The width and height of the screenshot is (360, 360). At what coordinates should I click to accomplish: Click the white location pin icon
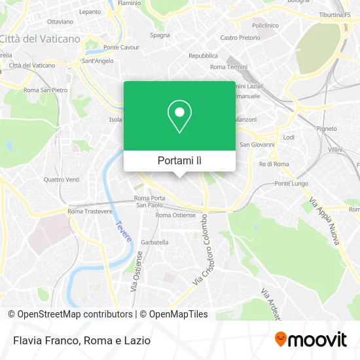tap(179, 117)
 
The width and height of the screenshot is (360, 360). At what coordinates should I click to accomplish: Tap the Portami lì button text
tap(179, 160)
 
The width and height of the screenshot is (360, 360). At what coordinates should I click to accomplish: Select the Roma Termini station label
tap(228, 67)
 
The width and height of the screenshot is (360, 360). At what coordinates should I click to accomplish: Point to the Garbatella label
tap(154, 242)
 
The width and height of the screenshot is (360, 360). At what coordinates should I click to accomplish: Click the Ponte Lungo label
tap(291, 183)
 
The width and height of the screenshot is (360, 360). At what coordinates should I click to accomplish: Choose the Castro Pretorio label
tap(240, 38)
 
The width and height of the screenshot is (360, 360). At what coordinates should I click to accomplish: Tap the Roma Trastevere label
tap(90, 211)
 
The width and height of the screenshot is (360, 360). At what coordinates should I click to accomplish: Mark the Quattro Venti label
tap(61, 179)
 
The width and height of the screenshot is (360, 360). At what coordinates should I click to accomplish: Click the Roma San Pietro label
tap(45, 90)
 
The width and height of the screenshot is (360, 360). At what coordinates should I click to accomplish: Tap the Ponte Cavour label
tap(121, 47)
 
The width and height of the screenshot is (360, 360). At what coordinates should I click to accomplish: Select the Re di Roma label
tap(274, 164)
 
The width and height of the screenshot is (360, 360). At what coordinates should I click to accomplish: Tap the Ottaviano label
tap(60, 21)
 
